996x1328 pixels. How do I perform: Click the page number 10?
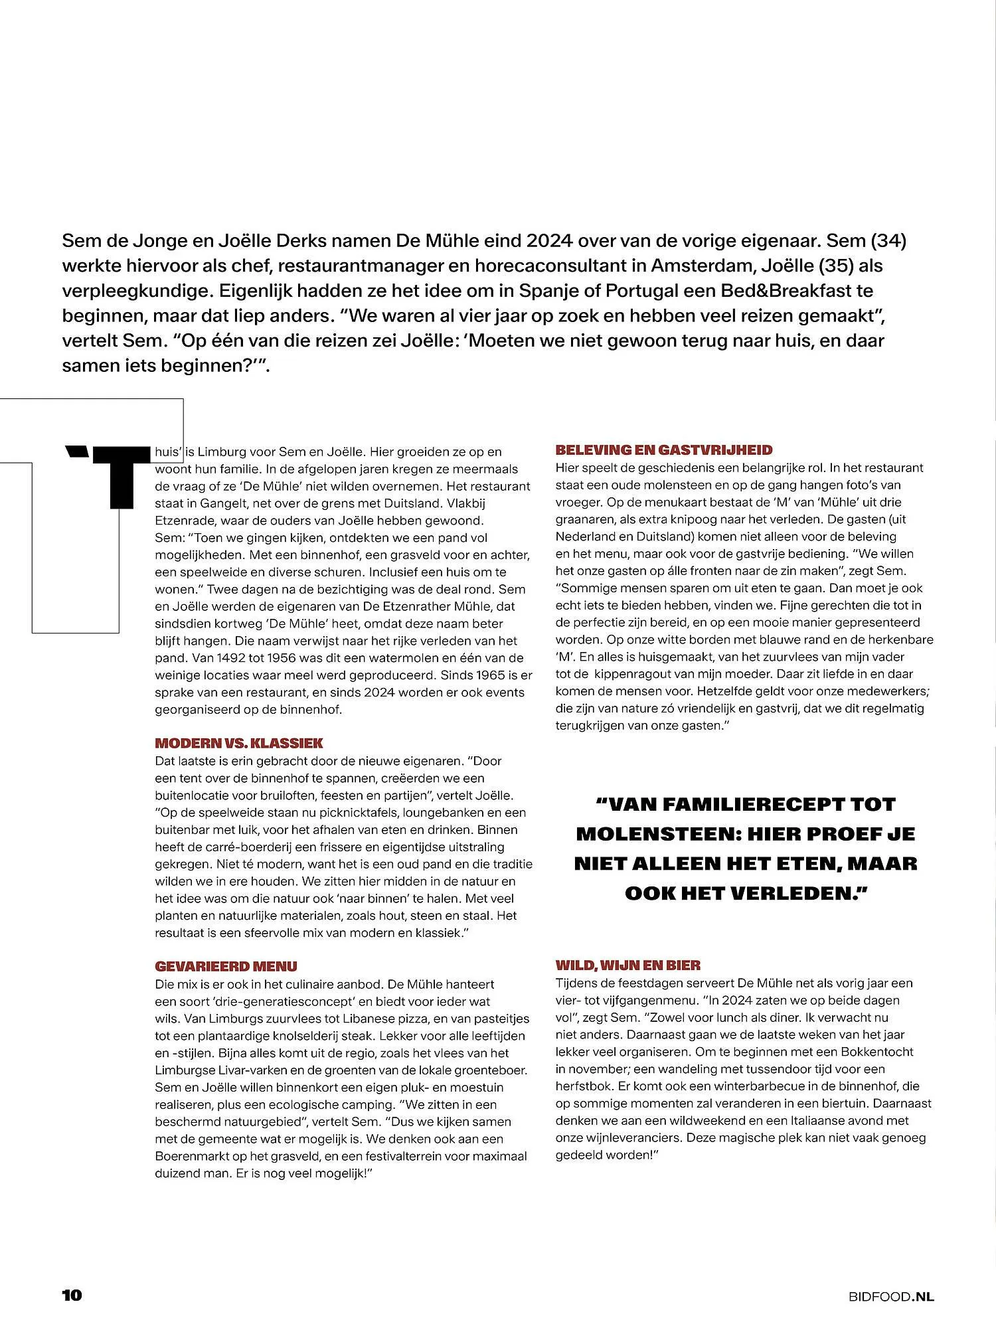72,1295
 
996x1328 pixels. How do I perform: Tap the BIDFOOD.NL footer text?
890,1295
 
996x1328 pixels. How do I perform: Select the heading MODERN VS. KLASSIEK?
238,743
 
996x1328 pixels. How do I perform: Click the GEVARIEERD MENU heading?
226,966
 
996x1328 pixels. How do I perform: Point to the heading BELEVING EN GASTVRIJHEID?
663,450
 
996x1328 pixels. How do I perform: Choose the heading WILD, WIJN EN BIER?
627,965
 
